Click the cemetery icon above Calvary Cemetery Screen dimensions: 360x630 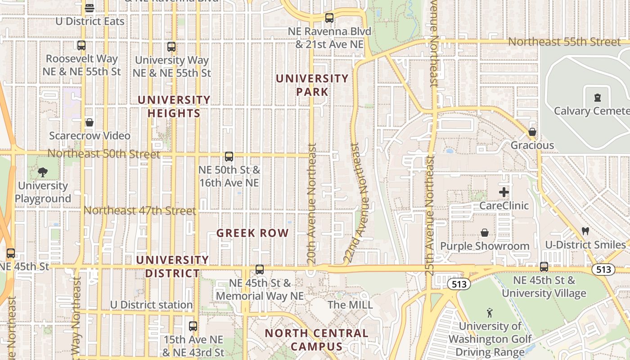597,98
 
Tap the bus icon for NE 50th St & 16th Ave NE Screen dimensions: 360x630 229,157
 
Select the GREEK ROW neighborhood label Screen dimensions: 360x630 252,233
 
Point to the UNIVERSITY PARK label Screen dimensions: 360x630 312,85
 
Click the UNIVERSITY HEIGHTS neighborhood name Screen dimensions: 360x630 174,106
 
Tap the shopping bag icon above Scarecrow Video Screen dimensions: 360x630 90,122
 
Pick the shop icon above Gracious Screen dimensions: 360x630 532,132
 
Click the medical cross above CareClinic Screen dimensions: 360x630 504,193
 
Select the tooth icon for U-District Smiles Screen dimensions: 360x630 585,231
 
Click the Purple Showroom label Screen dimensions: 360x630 485,246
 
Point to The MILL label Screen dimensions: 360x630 350,305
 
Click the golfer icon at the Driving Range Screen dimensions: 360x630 490,312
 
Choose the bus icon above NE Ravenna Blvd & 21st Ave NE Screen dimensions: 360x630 329,18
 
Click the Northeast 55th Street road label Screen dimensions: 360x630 564,42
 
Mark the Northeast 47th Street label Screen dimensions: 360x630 140,211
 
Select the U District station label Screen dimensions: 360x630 151,305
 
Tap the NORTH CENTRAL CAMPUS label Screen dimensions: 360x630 316,340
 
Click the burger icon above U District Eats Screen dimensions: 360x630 90,8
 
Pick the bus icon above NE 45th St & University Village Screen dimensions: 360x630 544,267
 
